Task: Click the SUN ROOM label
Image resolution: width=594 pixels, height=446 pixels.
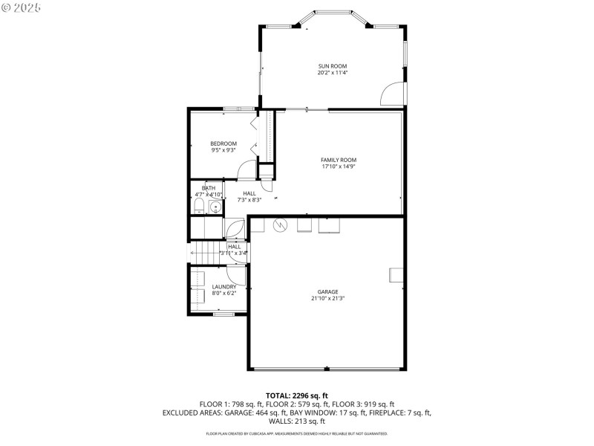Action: point(333,66)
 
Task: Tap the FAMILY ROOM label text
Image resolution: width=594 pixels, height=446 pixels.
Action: point(339,160)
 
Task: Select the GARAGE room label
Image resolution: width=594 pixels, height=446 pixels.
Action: point(327,291)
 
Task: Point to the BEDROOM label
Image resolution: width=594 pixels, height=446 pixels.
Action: point(223,143)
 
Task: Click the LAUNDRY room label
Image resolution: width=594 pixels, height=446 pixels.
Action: point(223,286)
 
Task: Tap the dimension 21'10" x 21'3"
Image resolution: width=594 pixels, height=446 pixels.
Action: point(327,298)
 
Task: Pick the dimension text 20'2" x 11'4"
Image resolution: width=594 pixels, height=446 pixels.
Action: point(333,73)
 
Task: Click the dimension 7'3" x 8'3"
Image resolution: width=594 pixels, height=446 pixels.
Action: point(229,199)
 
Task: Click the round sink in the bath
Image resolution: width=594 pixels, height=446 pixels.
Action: point(215,207)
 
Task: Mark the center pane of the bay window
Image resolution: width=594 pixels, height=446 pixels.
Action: point(333,12)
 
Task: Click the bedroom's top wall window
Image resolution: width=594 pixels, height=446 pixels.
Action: point(238,109)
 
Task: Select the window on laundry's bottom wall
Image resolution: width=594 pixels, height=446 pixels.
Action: point(223,314)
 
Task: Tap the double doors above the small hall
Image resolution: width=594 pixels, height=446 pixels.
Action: point(234,229)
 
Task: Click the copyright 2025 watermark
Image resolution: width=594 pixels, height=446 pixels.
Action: point(22,7)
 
